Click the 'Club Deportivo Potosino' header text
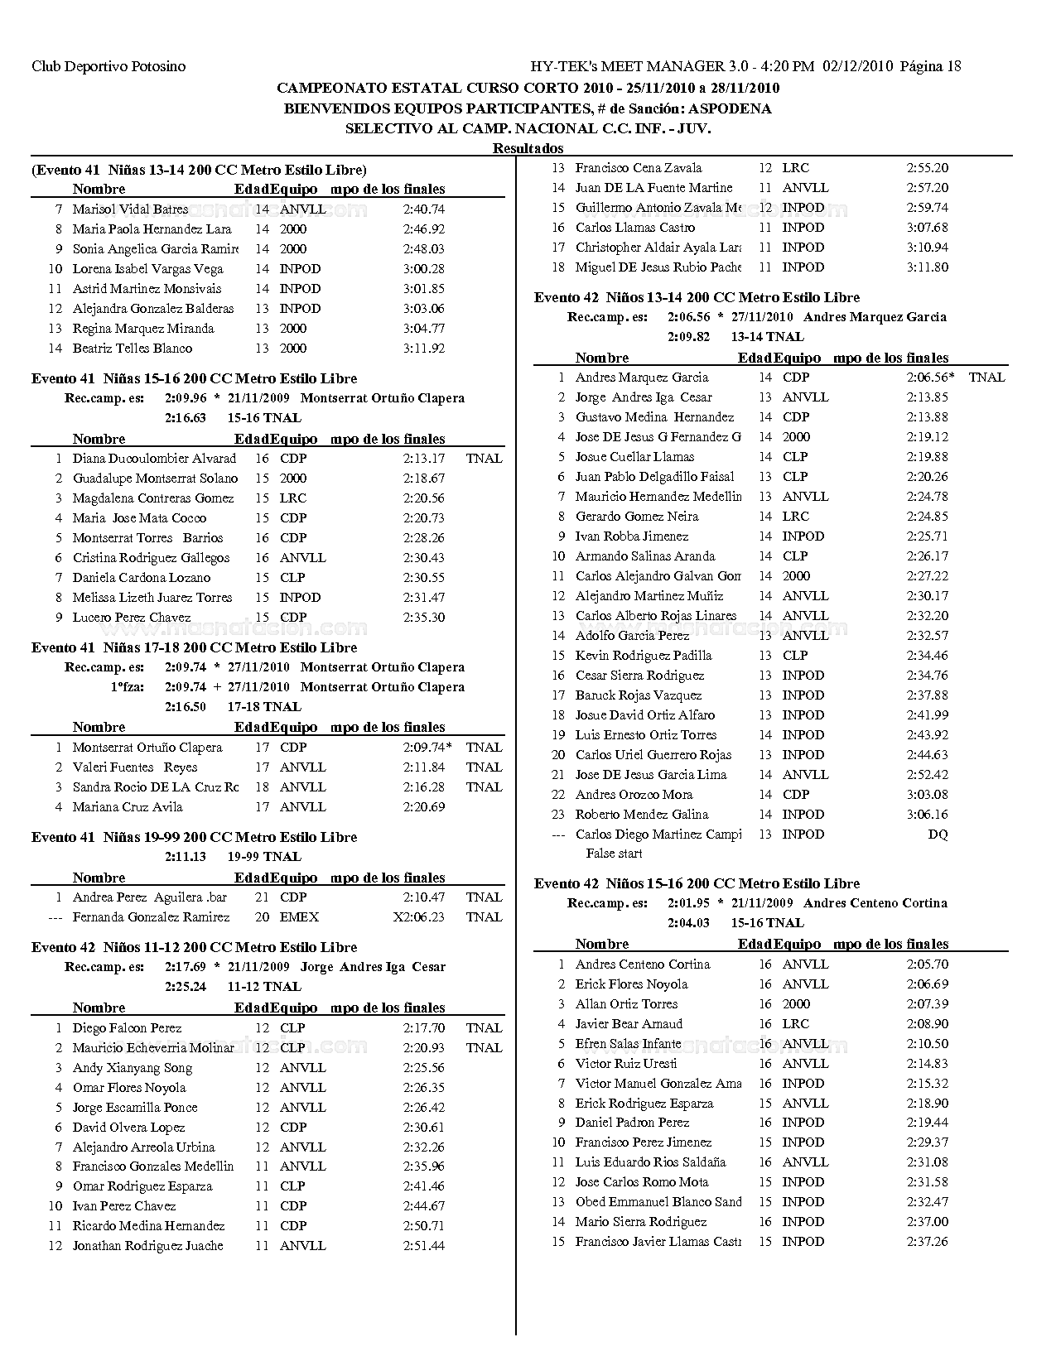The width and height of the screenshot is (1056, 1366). coord(108,66)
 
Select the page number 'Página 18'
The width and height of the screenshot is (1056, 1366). coord(930,66)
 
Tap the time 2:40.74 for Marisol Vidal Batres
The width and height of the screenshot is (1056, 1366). coord(424,209)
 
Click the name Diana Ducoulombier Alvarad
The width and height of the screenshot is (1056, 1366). coord(154,459)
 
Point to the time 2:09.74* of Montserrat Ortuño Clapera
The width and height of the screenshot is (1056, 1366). coord(427,748)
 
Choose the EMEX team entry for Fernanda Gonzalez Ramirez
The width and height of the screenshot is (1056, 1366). coord(299,917)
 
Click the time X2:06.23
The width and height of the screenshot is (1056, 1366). coord(419,917)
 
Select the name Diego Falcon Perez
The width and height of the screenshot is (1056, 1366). coord(127,1028)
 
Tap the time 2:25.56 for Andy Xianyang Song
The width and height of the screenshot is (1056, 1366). coord(424,1068)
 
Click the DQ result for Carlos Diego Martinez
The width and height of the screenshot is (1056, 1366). coord(938,835)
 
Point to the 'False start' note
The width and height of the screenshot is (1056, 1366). coord(614,854)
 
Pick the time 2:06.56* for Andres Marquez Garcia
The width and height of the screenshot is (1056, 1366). coord(930,378)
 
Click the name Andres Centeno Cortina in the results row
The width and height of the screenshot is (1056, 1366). coord(643,964)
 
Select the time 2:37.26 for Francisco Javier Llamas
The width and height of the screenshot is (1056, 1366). coord(928,1242)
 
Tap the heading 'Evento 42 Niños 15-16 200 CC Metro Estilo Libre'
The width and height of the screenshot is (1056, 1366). coord(697,883)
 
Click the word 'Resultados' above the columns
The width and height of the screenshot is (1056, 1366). coord(528,148)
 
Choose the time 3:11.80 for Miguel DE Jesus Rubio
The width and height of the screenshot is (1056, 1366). coord(928,267)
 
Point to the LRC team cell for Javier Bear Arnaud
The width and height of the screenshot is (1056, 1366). coord(795,1024)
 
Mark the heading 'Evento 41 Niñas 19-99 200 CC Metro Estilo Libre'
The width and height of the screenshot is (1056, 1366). coord(194,837)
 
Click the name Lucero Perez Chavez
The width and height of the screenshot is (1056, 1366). coord(131,618)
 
